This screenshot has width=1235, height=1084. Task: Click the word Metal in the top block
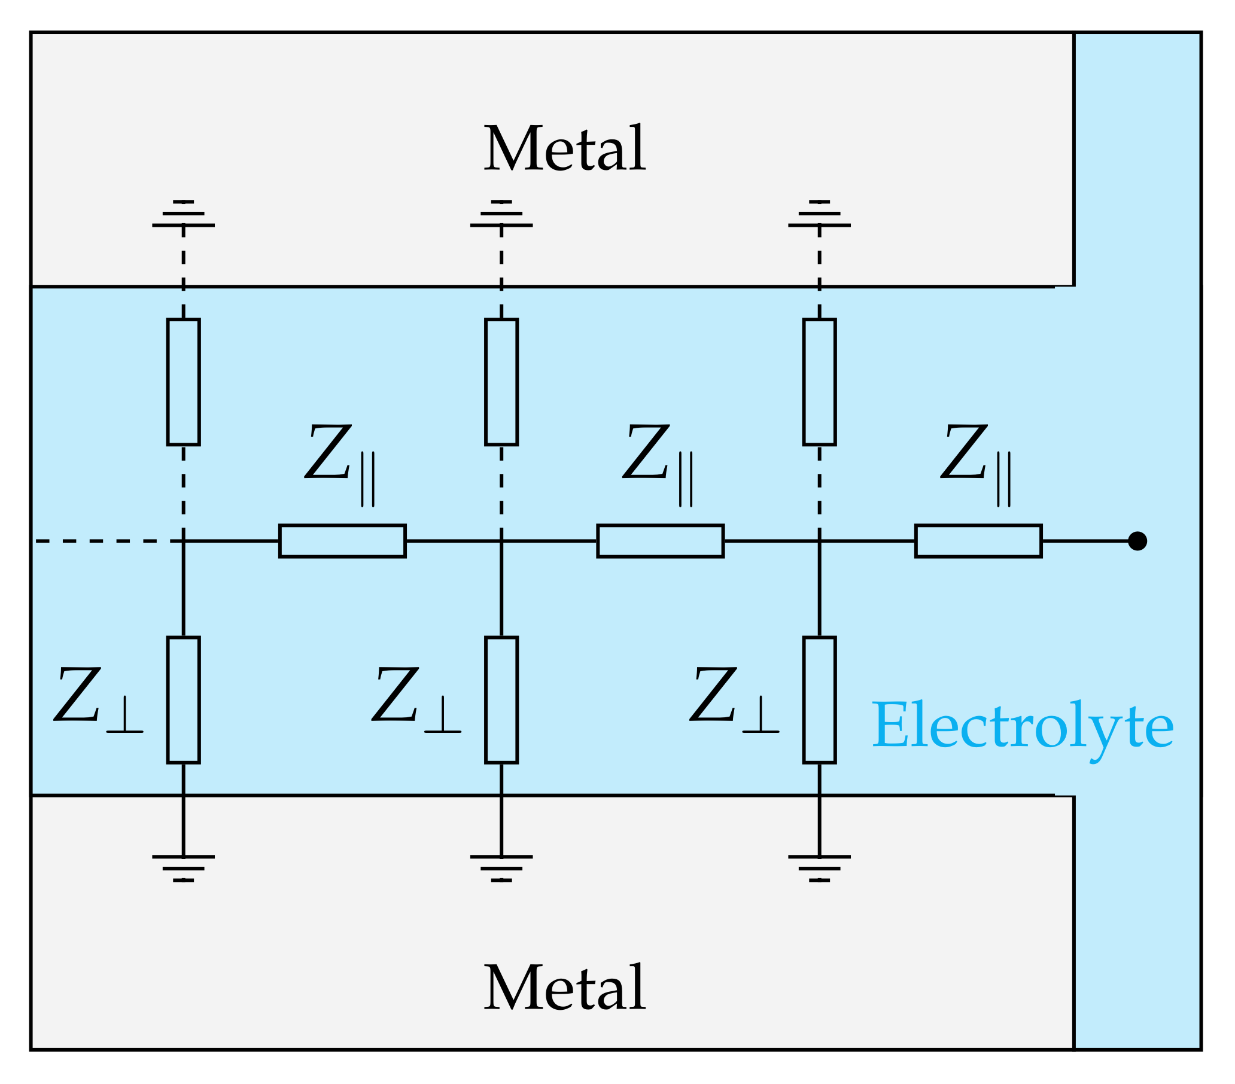564,148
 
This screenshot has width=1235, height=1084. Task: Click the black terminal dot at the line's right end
1137,541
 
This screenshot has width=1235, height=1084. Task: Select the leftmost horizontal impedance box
342,541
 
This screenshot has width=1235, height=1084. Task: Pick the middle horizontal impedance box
660,541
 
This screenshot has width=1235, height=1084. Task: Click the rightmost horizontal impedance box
978,541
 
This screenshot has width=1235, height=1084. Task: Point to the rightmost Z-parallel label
975,462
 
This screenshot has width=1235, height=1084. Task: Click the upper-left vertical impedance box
183,382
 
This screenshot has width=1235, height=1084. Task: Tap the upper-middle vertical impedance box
501,382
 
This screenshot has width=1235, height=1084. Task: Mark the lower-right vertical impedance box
819,700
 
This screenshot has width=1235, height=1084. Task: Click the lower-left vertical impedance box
183,700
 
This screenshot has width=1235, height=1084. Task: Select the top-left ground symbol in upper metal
183,214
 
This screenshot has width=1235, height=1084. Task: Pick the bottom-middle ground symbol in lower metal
501,867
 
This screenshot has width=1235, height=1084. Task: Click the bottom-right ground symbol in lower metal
819,867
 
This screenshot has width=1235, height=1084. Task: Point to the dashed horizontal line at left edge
103,541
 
